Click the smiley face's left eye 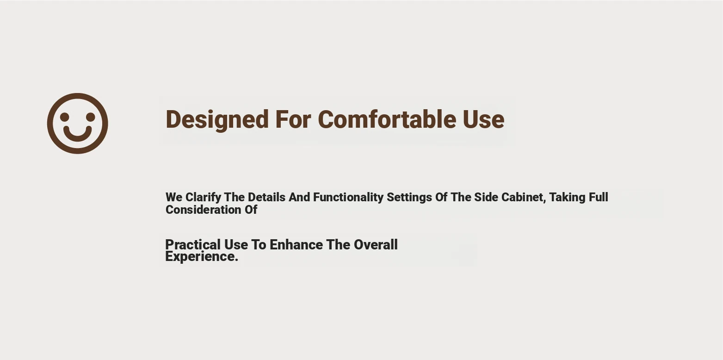[x=65, y=117]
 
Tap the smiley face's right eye [x=91, y=117]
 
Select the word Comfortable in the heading [x=387, y=119]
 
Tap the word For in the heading [x=293, y=119]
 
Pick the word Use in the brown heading [x=483, y=119]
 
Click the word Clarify [x=204, y=197]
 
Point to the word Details [x=266, y=197]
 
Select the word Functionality [x=348, y=197]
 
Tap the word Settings [x=409, y=198]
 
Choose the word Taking [x=568, y=198]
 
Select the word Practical [x=193, y=245]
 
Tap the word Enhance [x=297, y=245]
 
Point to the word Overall [x=376, y=245]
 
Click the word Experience [x=202, y=257]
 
